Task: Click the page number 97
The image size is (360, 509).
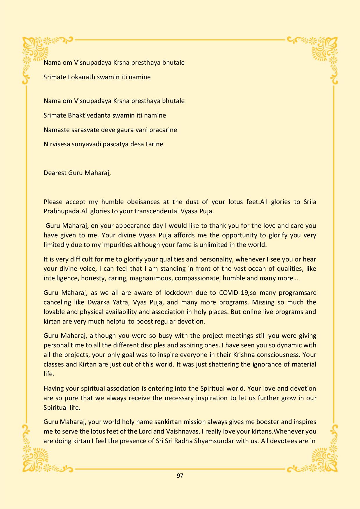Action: (180, 476)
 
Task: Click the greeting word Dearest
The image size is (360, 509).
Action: (55, 173)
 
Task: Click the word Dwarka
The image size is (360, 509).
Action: (98, 302)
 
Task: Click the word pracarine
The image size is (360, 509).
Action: (163, 130)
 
